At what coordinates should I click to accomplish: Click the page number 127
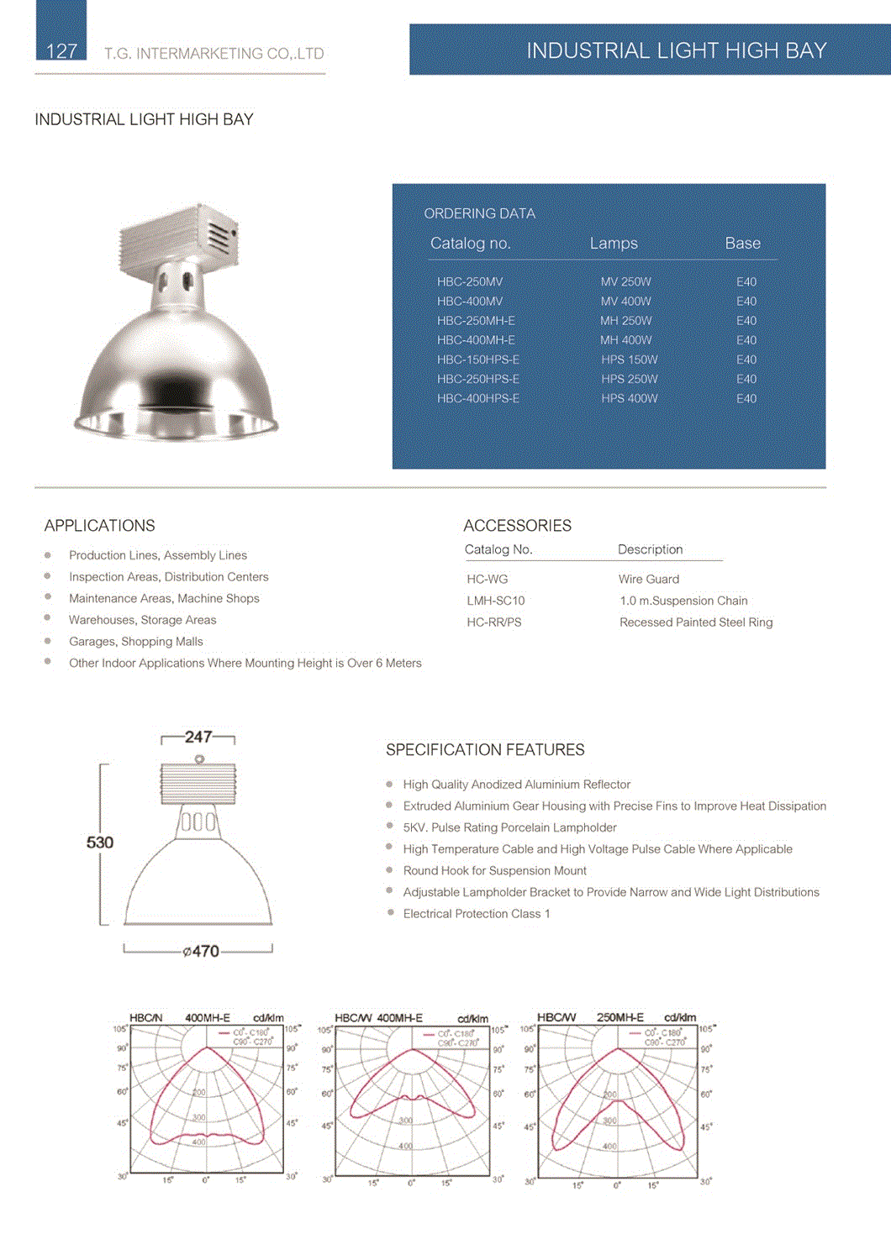click(61, 51)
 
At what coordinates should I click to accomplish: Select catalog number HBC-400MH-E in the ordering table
click(476, 340)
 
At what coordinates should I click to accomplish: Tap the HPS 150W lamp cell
click(629, 360)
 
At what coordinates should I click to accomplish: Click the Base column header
click(742, 244)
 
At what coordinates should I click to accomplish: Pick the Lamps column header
click(614, 244)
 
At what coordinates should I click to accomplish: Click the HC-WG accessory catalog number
click(488, 579)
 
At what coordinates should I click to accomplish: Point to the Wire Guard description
click(649, 579)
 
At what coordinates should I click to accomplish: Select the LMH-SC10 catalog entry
click(496, 601)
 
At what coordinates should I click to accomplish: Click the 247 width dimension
click(198, 737)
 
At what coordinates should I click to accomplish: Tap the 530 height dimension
click(100, 842)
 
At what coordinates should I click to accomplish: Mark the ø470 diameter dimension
click(201, 951)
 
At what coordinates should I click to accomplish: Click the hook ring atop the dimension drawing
click(199, 759)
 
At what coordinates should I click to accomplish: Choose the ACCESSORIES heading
click(517, 526)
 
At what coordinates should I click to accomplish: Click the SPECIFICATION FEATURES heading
click(485, 749)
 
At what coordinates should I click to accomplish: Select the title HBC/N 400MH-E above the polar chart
click(180, 1017)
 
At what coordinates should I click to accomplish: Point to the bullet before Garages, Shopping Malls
click(48, 641)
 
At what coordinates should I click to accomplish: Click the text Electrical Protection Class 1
click(477, 914)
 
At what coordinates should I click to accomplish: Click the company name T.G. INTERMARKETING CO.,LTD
click(214, 54)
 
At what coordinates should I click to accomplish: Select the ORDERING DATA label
click(479, 213)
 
